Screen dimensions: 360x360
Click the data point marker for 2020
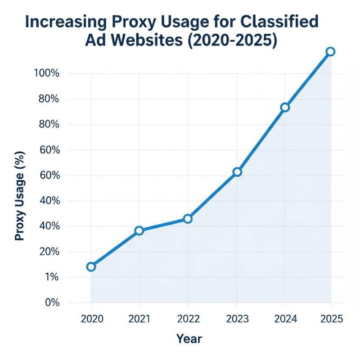91,266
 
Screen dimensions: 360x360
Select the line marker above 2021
139,230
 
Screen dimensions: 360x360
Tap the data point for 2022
188,219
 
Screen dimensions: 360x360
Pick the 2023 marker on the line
237,172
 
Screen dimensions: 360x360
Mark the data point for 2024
285,107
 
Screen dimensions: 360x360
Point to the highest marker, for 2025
330,51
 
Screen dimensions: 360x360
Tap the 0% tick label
51,302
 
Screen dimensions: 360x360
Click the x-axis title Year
189,338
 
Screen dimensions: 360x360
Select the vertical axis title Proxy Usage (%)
20,196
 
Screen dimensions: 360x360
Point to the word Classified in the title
280,22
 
